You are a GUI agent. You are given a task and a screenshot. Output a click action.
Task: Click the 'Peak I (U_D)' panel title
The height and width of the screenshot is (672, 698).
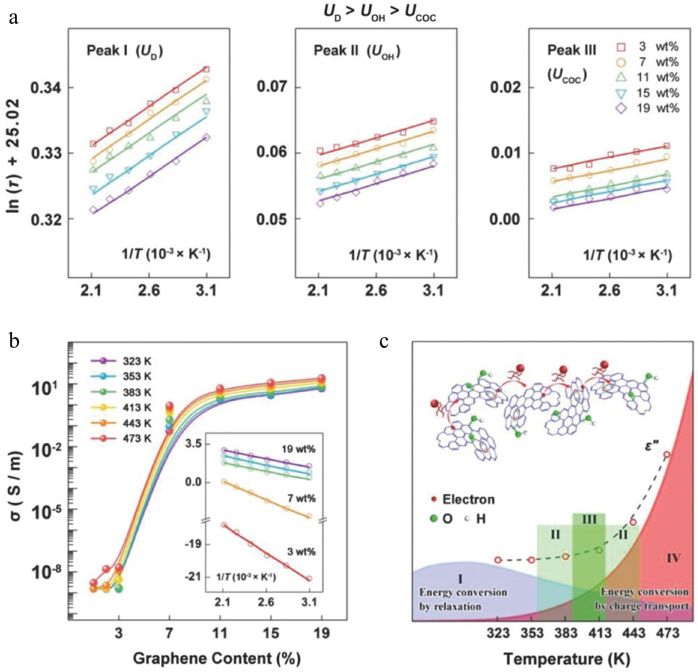[125, 51]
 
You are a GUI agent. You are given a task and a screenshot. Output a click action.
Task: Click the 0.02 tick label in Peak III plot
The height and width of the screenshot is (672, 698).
[505, 87]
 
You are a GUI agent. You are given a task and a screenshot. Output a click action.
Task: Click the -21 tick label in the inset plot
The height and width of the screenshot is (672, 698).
[193, 576]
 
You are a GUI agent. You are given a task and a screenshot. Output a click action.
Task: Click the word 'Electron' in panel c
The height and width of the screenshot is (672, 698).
[468, 500]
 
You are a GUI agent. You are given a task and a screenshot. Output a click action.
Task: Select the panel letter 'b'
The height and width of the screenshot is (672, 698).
[14, 341]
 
